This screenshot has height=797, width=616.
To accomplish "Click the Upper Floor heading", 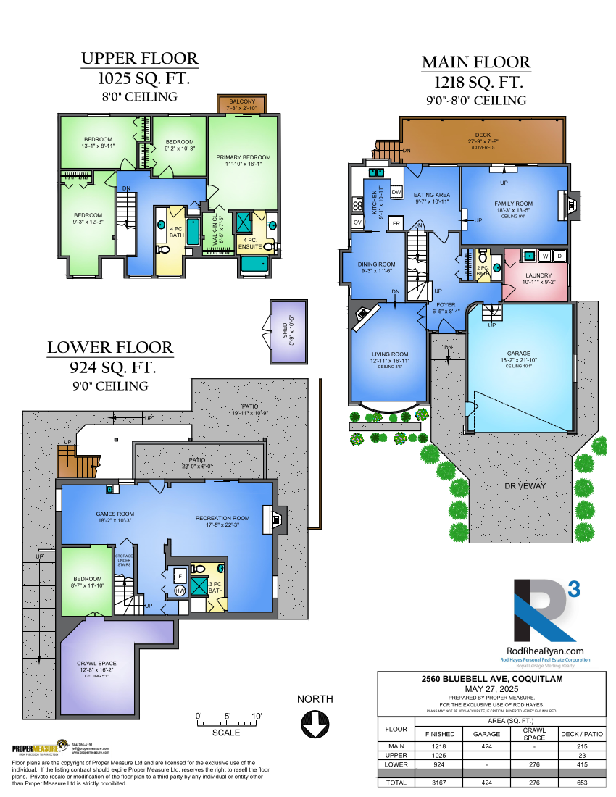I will pos(138,59).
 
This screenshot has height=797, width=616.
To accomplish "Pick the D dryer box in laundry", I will pos(559,255).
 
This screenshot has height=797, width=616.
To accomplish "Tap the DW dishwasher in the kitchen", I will pos(396,192).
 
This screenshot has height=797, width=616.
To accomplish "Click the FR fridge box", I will pos(396,223).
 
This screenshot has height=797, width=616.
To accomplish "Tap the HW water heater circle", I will pos(180,591).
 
